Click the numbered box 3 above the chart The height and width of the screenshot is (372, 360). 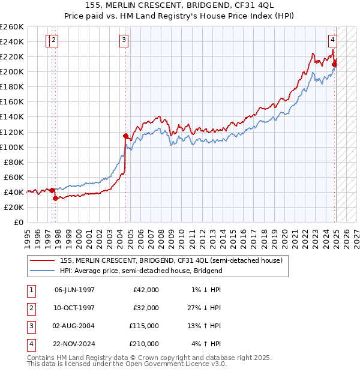click(124, 40)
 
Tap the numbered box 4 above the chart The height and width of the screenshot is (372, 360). click(332, 40)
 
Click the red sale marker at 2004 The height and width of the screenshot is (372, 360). click(125, 136)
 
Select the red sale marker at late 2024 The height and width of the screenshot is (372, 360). click(334, 64)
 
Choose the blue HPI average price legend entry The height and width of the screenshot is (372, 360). click(141, 271)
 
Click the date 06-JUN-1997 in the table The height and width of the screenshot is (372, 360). click(74, 290)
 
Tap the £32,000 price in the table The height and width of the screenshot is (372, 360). click(146, 308)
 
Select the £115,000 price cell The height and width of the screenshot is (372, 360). click(145, 326)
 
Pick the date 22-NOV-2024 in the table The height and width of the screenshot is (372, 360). click(74, 344)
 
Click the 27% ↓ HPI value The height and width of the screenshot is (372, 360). click(208, 308)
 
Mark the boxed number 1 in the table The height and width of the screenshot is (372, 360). click(31, 290)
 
